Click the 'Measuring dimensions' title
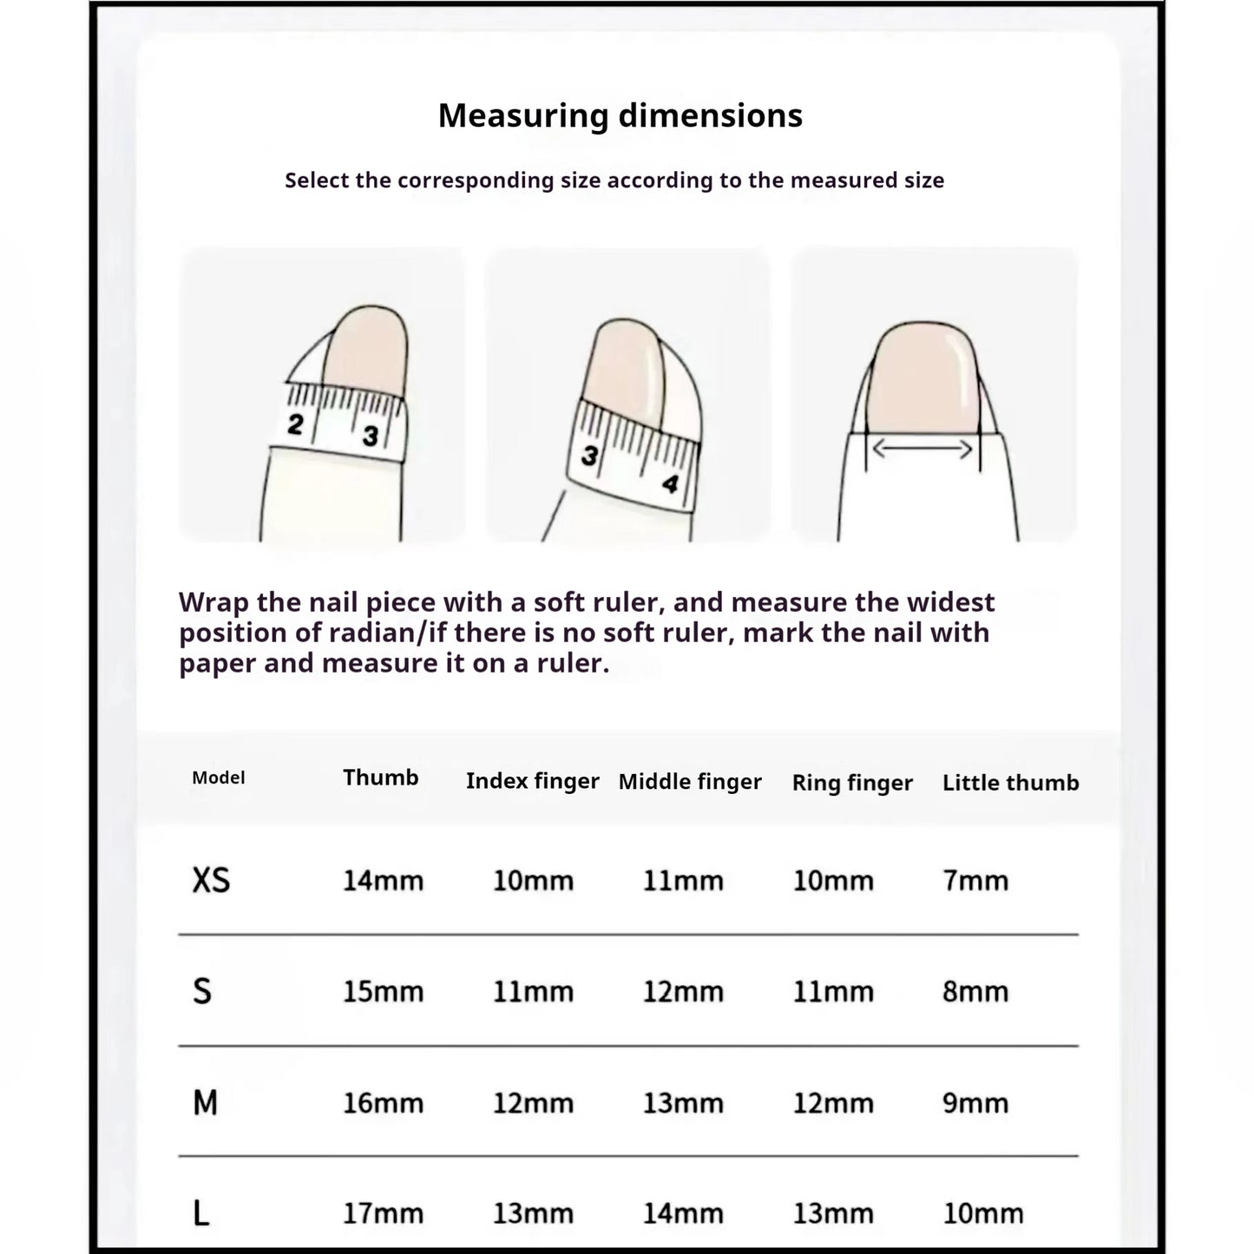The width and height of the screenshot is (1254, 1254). pyautogui.click(x=620, y=115)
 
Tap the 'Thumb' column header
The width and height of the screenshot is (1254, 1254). pyautogui.click(x=380, y=778)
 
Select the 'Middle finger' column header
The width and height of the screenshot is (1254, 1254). pyautogui.click(x=690, y=782)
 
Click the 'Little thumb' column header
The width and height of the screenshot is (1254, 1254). pyautogui.click(x=1010, y=783)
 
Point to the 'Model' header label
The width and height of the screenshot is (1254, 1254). pyautogui.click(x=218, y=778)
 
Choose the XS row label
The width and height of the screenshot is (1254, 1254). pyautogui.click(x=211, y=881)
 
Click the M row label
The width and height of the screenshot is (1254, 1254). pyautogui.click(x=205, y=1103)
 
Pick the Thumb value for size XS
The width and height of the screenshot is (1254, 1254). pyautogui.click(x=383, y=881)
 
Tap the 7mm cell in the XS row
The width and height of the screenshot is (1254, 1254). pyautogui.click(x=975, y=881)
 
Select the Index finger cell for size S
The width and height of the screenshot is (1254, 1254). pyautogui.click(x=533, y=992)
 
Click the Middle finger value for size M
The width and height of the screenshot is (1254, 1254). pyautogui.click(x=683, y=1103)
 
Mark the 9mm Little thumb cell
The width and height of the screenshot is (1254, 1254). pyautogui.click(x=975, y=1103)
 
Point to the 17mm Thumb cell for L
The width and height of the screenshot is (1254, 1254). pyautogui.click(x=383, y=1213)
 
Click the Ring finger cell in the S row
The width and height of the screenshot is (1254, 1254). pyautogui.click(x=833, y=992)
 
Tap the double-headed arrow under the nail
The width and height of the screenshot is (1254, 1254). pyautogui.click(x=922, y=450)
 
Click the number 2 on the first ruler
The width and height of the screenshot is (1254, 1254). pyautogui.click(x=296, y=425)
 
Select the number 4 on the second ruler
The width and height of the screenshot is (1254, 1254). pyautogui.click(x=670, y=483)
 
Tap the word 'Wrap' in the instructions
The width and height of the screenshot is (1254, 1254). pyautogui.click(x=214, y=602)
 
